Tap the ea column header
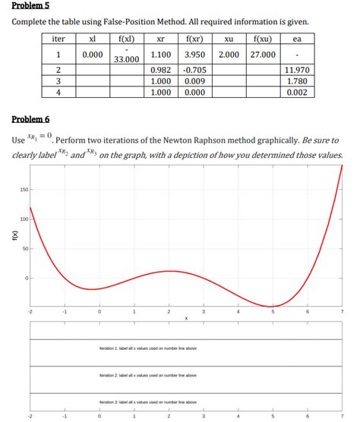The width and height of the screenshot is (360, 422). pos(297,39)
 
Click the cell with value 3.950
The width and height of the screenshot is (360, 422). pos(196,55)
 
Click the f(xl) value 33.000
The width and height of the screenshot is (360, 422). pos(126,58)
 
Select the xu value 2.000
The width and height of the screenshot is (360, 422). pos(229,55)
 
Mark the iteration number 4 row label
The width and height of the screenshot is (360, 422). pos(58,93)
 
